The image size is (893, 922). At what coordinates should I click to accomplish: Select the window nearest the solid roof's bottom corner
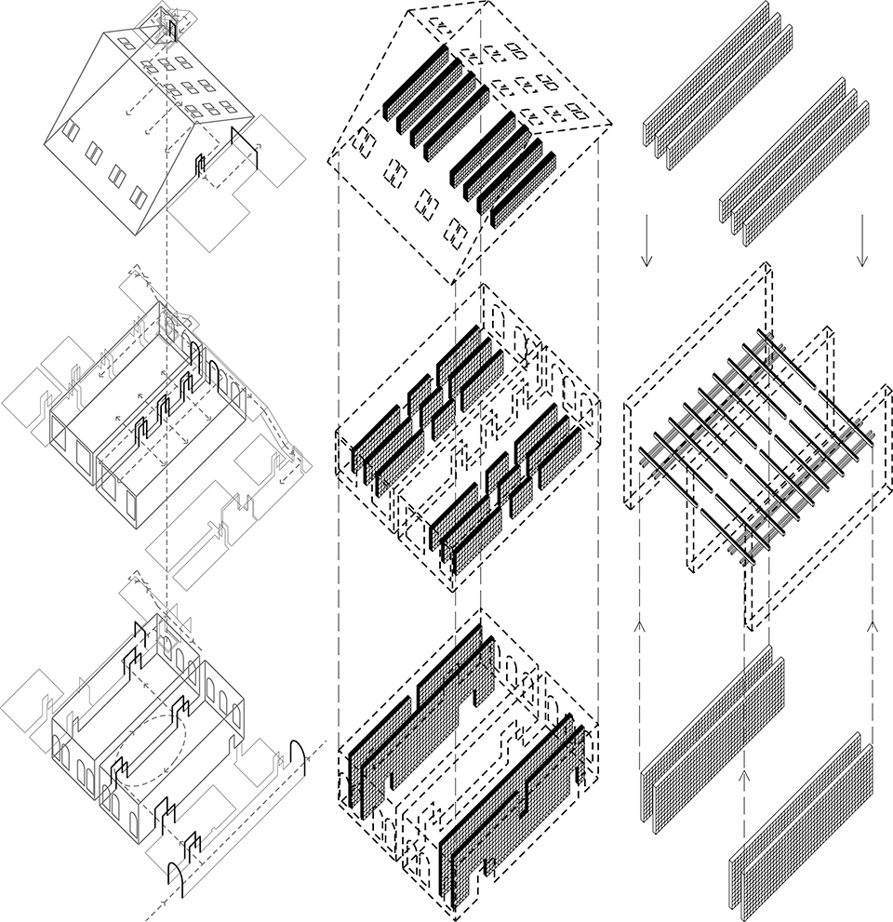point(138,196)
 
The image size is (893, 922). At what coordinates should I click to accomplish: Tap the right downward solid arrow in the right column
point(863,240)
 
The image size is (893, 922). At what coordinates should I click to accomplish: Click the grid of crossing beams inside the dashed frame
point(753,447)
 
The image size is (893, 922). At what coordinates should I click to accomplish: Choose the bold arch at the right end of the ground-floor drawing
point(300,755)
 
